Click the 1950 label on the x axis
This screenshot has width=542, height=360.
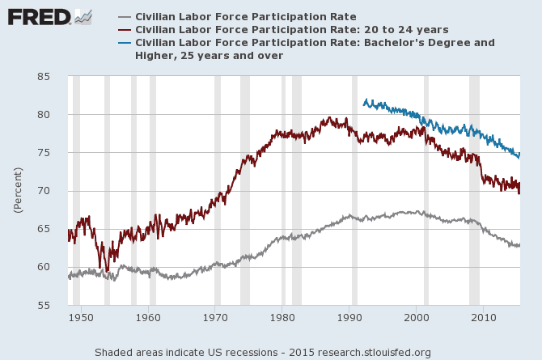point(80,317)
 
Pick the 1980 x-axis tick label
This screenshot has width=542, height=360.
point(282,317)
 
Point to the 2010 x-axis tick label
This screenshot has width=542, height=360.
point(483,317)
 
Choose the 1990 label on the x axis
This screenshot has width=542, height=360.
point(349,317)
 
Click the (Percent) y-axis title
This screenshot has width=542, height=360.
point(17,190)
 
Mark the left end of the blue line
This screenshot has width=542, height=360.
point(363,103)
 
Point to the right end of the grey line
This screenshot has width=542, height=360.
point(519,245)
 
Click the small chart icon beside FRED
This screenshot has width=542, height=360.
point(83,15)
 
